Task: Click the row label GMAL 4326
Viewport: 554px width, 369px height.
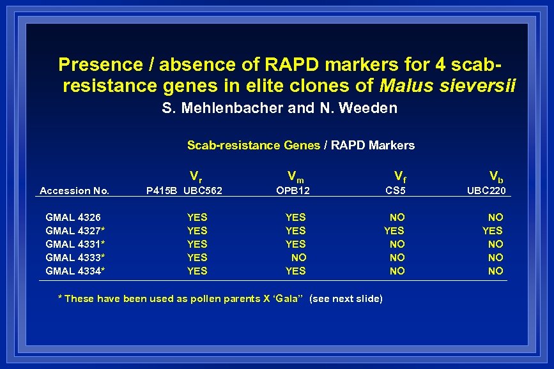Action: [x=73, y=218]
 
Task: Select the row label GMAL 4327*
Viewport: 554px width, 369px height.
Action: [x=75, y=231]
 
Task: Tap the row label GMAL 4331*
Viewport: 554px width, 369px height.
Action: [x=75, y=245]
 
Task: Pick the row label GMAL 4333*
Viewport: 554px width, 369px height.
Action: [x=75, y=258]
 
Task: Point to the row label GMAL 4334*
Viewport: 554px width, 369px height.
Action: [x=75, y=271]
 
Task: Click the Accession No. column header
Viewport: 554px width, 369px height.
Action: [x=74, y=190]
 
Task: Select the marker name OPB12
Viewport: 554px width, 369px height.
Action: [x=293, y=190]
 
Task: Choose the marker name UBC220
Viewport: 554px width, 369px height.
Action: [x=487, y=190]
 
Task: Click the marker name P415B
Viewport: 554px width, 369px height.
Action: [x=162, y=190]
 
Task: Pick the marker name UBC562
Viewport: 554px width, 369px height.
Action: [x=203, y=190]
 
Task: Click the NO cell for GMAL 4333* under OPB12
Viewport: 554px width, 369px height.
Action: [x=298, y=258]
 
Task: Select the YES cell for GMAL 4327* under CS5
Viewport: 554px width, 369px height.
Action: [x=394, y=231]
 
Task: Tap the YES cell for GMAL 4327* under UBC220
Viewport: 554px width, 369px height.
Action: [x=492, y=231]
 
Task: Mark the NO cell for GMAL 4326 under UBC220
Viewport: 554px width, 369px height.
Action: [x=495, y=218]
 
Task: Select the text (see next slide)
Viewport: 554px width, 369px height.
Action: [x=346, y=299]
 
